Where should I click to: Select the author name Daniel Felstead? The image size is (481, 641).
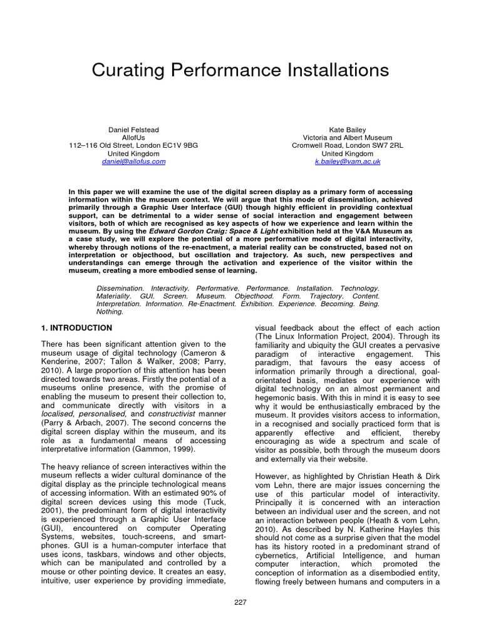[x=133, y=129]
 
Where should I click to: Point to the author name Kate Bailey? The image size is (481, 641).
[x=347, y=129]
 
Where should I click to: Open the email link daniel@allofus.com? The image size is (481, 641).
[x=133, y=162]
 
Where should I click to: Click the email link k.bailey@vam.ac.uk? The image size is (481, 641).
[x=347, y=162]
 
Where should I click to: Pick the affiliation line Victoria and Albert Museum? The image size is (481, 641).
[x=347, y=137]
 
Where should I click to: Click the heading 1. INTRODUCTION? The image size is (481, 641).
[x=76, y=328]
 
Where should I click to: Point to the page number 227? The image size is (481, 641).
[x=240, y=602]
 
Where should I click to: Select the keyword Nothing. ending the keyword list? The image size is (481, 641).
[x=110, y=311]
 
